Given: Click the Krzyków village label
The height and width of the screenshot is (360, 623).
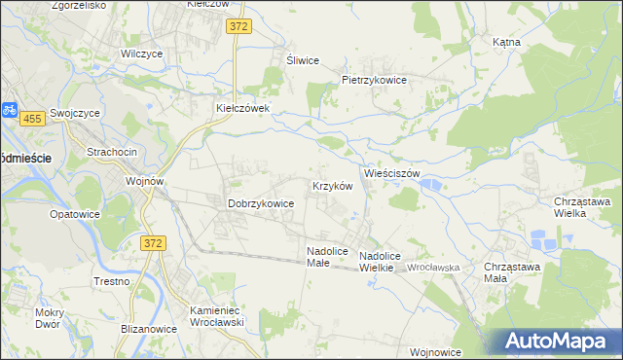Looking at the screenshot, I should [331, 185].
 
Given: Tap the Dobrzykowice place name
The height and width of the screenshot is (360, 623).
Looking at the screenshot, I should [261, 203].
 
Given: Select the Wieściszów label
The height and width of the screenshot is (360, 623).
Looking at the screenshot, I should [391, 173].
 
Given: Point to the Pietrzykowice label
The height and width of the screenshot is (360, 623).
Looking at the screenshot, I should [373, 80].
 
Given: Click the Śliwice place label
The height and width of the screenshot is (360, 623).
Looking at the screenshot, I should [302, 59].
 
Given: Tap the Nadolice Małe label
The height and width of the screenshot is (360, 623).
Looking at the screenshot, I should [326, 256].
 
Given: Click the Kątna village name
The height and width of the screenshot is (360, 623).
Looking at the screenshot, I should [506, 42].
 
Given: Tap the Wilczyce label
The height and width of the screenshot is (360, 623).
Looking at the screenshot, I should [141, 54].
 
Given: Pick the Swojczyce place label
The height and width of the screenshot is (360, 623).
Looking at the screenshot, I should [76, 112].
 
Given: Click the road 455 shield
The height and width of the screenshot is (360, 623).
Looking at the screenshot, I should [32, 118].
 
